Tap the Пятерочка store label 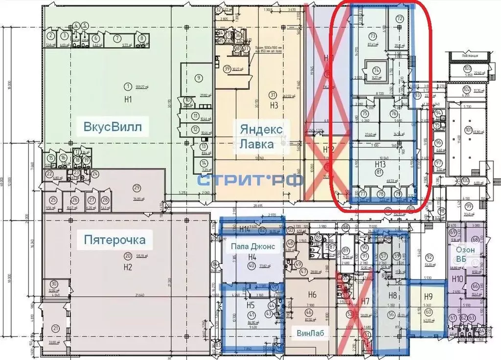[115, 240]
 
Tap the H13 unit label [381, 164]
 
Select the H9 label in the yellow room [428, 296]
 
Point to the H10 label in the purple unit [457, 279]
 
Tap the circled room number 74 [376, 70]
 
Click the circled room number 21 [56, 328]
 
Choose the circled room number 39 [227, 68]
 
